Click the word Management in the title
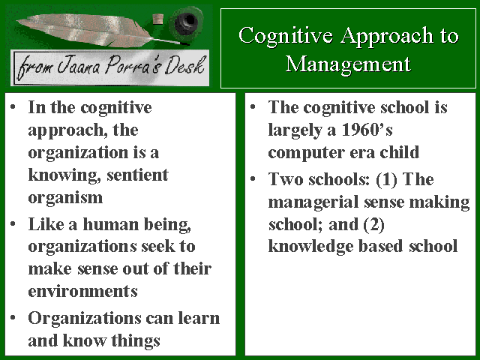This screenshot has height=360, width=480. [x=348, y=65]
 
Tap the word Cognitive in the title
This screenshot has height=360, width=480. [x=286, y=36]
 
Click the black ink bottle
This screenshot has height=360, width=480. [x=187, y=23]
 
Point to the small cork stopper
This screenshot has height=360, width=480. [x=158, y=19]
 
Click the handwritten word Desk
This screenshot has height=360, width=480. [x=184, y=65]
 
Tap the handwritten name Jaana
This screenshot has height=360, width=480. [x=78, y=66]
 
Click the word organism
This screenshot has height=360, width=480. [x=65, y=199]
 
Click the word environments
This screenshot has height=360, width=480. [x=83, y=291]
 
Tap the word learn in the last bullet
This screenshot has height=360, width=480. [x=199, y=318]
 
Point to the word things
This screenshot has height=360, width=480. [x=136, y=341]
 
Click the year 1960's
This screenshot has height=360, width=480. [x=367, y=130]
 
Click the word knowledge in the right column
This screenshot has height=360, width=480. [x=310, y=247]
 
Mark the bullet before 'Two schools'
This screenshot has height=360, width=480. [x=253, y=178]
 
